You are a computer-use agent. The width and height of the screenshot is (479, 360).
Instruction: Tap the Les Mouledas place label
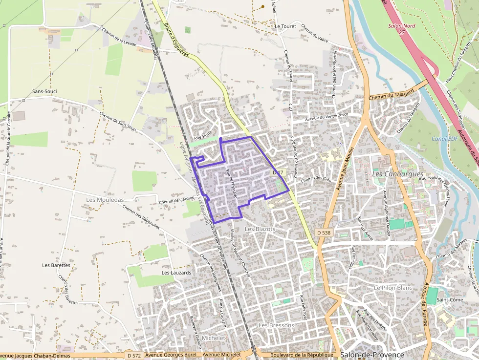[105, 200]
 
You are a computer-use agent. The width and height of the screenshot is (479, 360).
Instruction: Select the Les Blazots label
[260, 229]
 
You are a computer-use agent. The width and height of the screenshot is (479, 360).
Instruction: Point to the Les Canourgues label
[397, 174]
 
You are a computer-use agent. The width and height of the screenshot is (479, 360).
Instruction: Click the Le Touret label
[285, 26]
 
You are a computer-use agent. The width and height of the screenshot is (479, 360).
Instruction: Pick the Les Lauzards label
[176, 273]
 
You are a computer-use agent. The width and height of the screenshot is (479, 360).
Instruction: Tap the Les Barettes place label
[56, 265]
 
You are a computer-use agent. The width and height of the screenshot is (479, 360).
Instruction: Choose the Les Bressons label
[276, 325]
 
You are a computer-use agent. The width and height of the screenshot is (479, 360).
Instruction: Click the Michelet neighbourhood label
[214, 338]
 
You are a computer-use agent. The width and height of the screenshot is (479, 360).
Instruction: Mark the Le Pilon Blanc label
[393, 288]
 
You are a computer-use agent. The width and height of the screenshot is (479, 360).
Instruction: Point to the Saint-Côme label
[450, 299]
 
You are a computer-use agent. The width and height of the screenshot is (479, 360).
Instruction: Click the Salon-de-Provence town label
[372, 355]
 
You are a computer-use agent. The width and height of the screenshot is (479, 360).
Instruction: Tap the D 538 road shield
[324, 233]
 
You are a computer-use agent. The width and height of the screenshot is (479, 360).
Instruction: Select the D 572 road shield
[133, 355]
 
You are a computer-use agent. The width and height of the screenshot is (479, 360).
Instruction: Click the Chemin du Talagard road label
[392, 93]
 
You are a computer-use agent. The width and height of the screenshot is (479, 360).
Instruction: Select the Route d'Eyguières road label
[176, 40]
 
